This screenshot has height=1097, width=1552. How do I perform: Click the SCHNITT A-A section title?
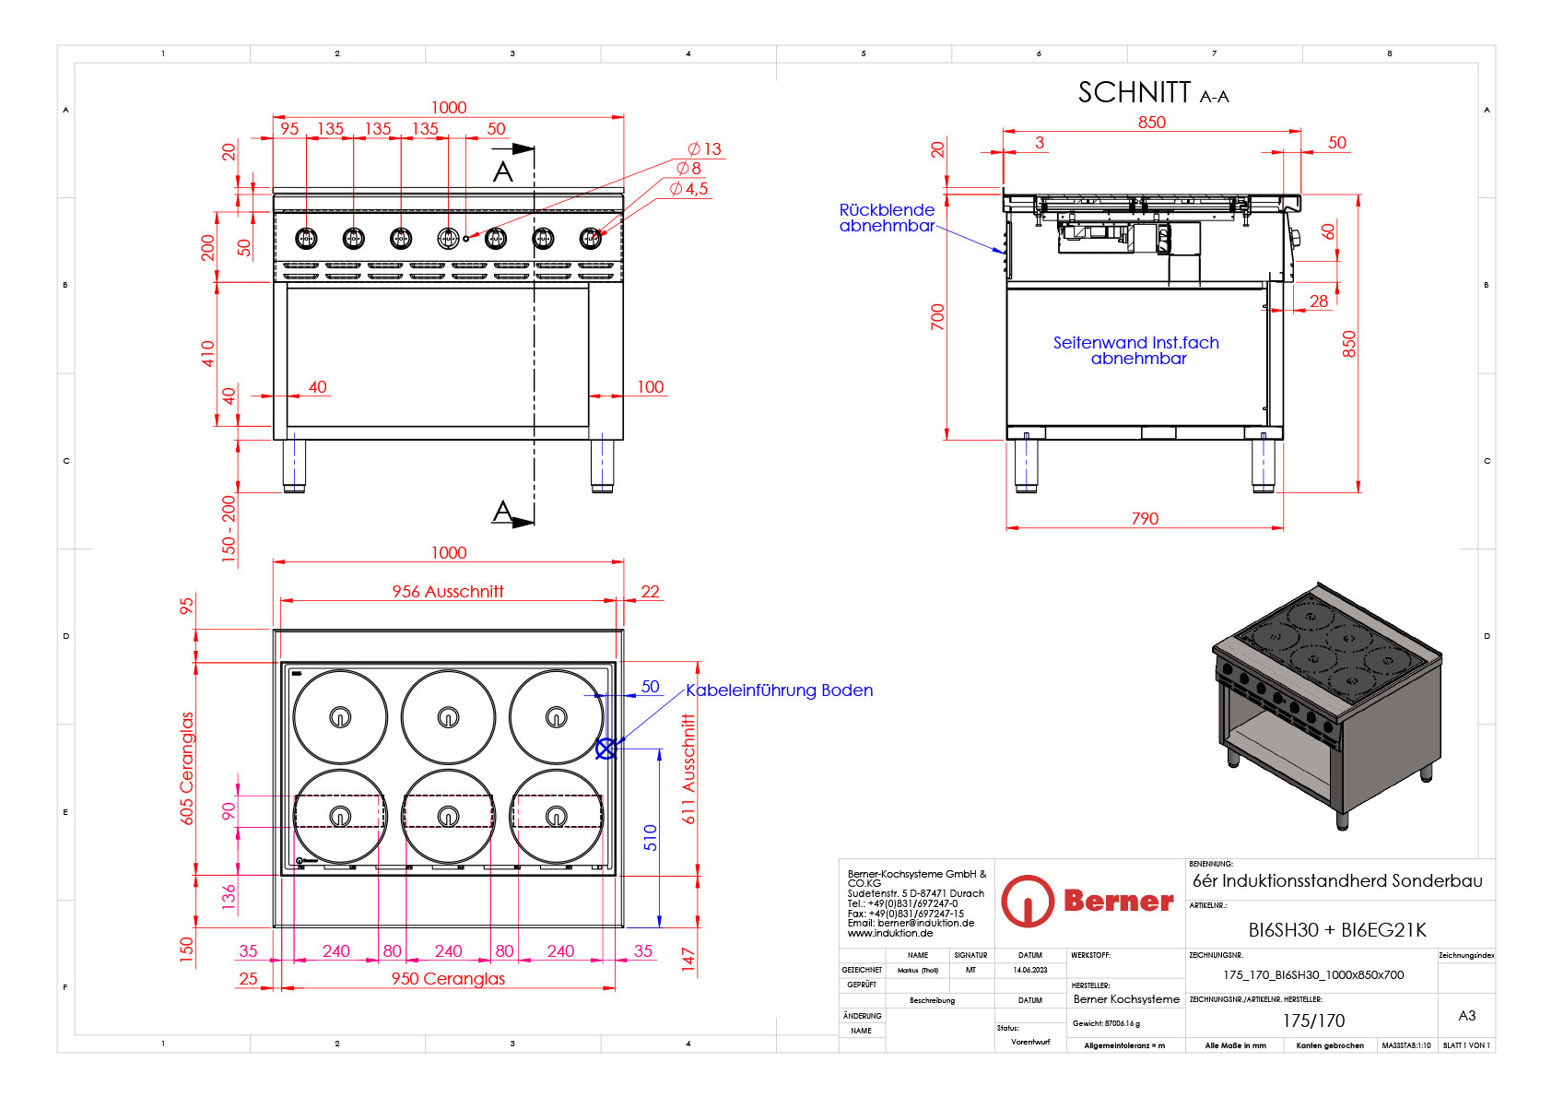pos(1152,93)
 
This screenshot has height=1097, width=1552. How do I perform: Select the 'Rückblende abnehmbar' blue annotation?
pos(887,218)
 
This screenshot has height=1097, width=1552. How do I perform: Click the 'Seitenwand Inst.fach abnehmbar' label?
pos(1136,350)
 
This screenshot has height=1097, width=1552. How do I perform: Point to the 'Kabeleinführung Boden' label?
pos(779,690)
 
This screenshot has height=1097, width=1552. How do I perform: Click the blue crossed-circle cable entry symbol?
pos(606,749)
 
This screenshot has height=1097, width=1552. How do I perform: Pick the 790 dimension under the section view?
pos(1145,519)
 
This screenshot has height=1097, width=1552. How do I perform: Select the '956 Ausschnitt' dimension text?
pos(448,592)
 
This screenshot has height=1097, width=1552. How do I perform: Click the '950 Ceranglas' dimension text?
pos(448,979)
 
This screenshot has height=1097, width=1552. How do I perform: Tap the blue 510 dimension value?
pos(651,837)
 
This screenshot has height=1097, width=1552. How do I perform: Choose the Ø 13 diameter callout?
pos(705,149)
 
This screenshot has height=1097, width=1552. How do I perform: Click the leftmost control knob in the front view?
pos(306,238)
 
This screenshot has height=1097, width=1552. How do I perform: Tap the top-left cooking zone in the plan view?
pos(340,716)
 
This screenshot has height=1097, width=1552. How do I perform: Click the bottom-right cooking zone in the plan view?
pos(556,816)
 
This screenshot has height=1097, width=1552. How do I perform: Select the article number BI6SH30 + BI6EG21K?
pos(1336,930)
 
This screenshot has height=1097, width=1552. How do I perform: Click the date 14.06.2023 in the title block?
pos(1030,970)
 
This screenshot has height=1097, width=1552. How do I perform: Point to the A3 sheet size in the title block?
pos(1466,1016)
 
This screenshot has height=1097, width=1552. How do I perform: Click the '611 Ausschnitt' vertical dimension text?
pos(688,769)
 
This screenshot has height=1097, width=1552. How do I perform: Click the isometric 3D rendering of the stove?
pos(1327,705)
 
